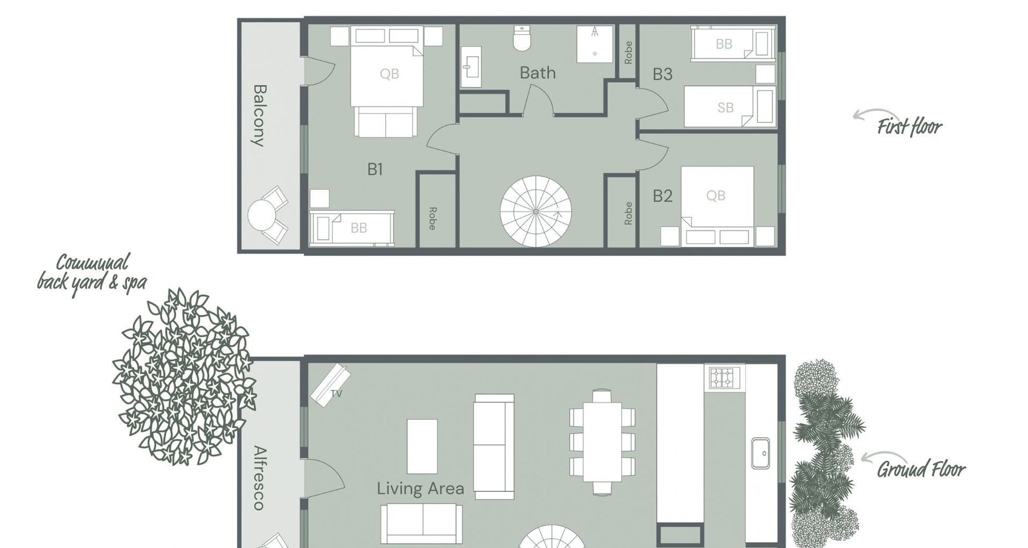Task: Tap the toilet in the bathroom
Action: pos(521,39)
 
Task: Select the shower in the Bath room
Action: pos(594,44)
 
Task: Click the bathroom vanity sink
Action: pos(471,67)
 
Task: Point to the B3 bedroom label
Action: pos(662,74)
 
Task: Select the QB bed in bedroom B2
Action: pos(716,201)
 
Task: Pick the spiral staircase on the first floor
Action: pos(535,211)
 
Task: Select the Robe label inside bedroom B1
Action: pos(433,218)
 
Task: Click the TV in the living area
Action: pos(330,385)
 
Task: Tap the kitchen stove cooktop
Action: pos(723,378)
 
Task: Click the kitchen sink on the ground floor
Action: pos(760,454)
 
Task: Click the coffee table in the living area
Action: pos(422,446)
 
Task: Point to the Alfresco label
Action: pos(259,477)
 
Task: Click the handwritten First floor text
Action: pos(909,127)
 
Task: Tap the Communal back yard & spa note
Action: pos(92,273)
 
